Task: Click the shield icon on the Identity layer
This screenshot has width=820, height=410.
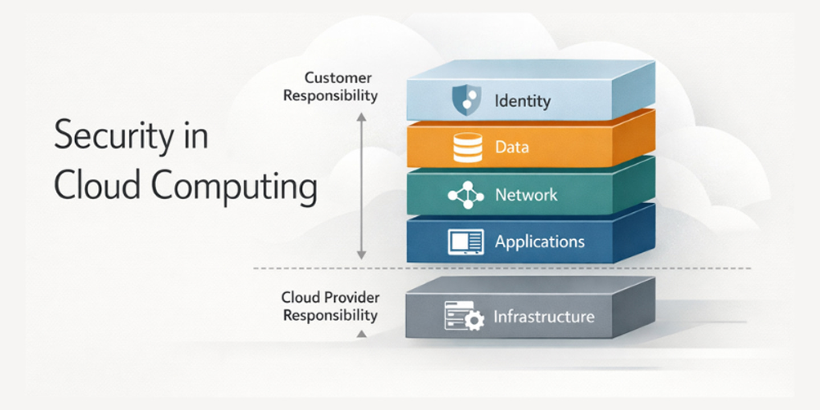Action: tap(466, 101)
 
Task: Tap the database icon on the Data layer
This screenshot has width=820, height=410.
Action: tap(467, 147)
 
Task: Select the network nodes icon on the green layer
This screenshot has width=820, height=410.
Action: tap(466, 195)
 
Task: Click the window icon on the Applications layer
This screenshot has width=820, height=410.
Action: tap(466, 242)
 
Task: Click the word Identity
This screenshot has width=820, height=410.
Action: tap(522, 101)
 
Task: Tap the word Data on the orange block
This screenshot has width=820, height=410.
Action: tap(511, 147)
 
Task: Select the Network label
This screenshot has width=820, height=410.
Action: tap(526, 195)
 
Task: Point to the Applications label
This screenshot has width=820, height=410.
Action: tap(539, 242)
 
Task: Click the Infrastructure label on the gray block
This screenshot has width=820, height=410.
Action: tap(543, 317)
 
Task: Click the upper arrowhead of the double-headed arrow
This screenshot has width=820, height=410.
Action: tap(361, 117)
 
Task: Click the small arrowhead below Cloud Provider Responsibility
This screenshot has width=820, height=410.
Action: tap(361, 334)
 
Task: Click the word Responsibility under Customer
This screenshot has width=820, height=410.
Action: tap(330, 95)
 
